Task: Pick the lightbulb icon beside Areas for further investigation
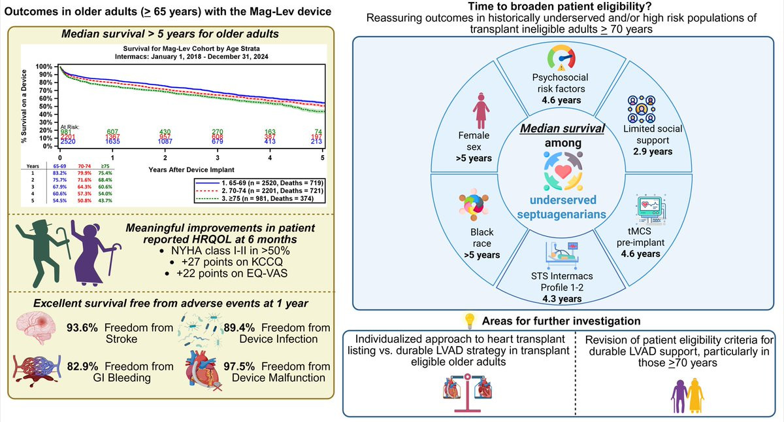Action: pyautogui.click(x=469, y=320)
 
